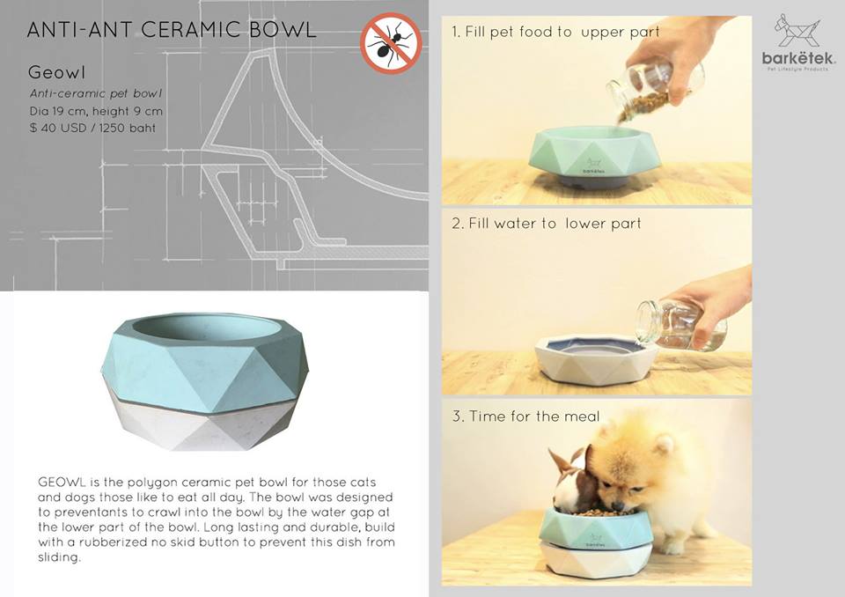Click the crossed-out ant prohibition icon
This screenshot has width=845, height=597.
[391, 42]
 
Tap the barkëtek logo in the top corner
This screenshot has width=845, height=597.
[798, 42]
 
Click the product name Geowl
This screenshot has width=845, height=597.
[56, 72]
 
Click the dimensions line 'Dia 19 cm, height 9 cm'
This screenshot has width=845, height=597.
[96, 112]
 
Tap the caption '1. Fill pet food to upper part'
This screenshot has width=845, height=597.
[555, 32]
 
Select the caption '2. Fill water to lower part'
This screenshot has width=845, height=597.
[547, 224]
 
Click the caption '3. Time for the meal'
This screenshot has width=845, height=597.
[525, 416]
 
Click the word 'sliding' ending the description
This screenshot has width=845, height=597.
[59, 558]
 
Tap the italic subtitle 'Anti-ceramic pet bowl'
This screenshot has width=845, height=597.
[96, 94]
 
